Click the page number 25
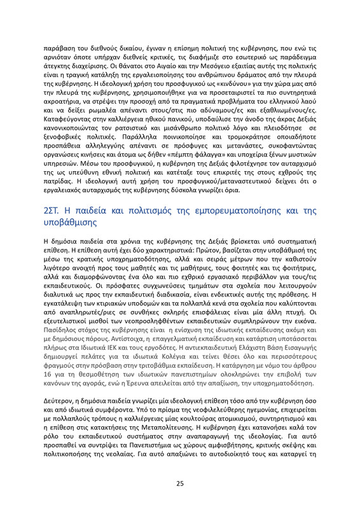[180, 483]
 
